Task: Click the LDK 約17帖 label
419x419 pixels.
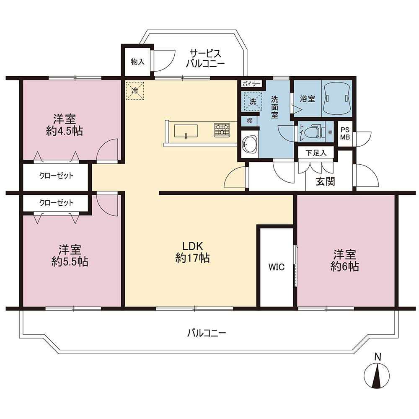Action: pyautogui.click(x=192, y=252)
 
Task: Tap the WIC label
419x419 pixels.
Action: pyautogui.click(x=277, y=267)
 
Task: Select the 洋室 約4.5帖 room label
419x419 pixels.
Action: pyautogui.click(x=65, y=125)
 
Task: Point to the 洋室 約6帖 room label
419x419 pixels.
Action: pyautogui.click(x=344, y=261)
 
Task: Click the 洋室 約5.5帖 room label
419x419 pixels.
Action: pyautogui.click(x=70, y=256)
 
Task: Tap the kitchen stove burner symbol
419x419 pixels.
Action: pyautogui.click(x=222, y=130)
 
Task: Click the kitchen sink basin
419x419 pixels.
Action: pyautogui.click(x=186, y=131)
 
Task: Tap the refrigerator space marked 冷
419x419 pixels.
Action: pyautogui.click(x=135, y=91)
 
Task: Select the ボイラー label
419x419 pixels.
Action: pyautogui.click(x=251, y=84)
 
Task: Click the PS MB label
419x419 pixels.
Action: pyautogui.click(x=345, y=133)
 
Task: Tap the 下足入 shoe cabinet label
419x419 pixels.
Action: pyautogui.click(x=316, y=153)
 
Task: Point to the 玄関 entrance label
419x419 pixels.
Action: pyautogui.click(x=325, y=181)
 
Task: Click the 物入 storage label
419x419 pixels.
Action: pyautogui.click(x=137, y=62)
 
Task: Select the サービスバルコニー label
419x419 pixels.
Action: pyautogui.click(x=205, y=59)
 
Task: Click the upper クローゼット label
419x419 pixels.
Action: pyautogui.click(x=57, y=176)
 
